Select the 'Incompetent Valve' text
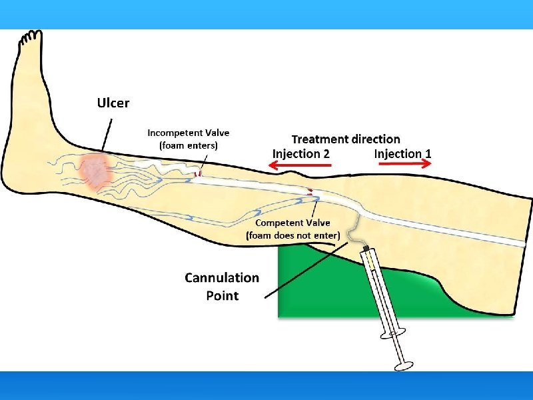(188, 133)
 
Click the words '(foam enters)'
(188, 145)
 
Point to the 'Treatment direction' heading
(346, 139)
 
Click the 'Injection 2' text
(300, 153)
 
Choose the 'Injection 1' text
(402, 153)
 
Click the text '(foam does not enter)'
(292, 235)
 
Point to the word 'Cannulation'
(222, 278)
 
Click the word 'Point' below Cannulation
(222, 295)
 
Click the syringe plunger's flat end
(404, 365)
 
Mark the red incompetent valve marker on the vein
(197, 175)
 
